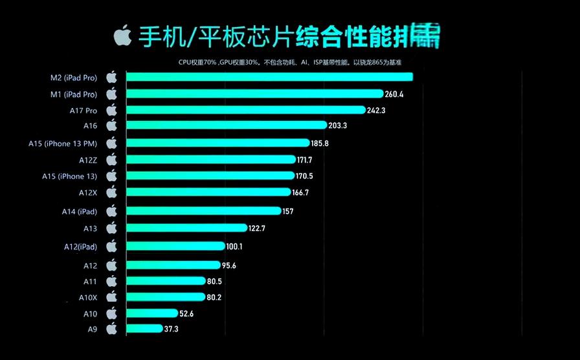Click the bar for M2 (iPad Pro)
[269, 78]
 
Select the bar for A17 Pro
[246, 110]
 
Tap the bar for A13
[186, 228]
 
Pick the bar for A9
[144, 329]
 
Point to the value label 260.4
[394, 95]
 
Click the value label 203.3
[338, 126]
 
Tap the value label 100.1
[234, 247]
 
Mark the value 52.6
[187, 313]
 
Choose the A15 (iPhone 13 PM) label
[63, 143]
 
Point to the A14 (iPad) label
[78, 211]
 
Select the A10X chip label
[88, 297]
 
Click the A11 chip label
[90, 282]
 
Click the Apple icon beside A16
[111, 125]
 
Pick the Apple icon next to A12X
[111, 192]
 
